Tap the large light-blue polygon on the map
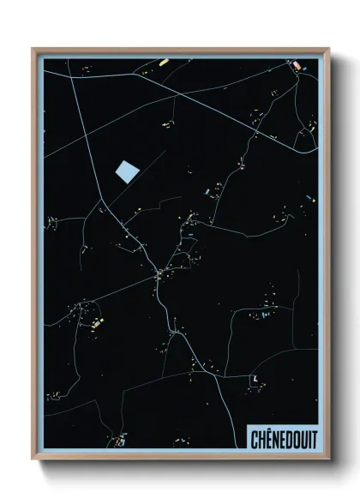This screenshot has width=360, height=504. pos(126,171)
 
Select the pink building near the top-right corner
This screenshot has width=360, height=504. pos(297,65)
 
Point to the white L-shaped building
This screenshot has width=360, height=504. pos(255,378)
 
